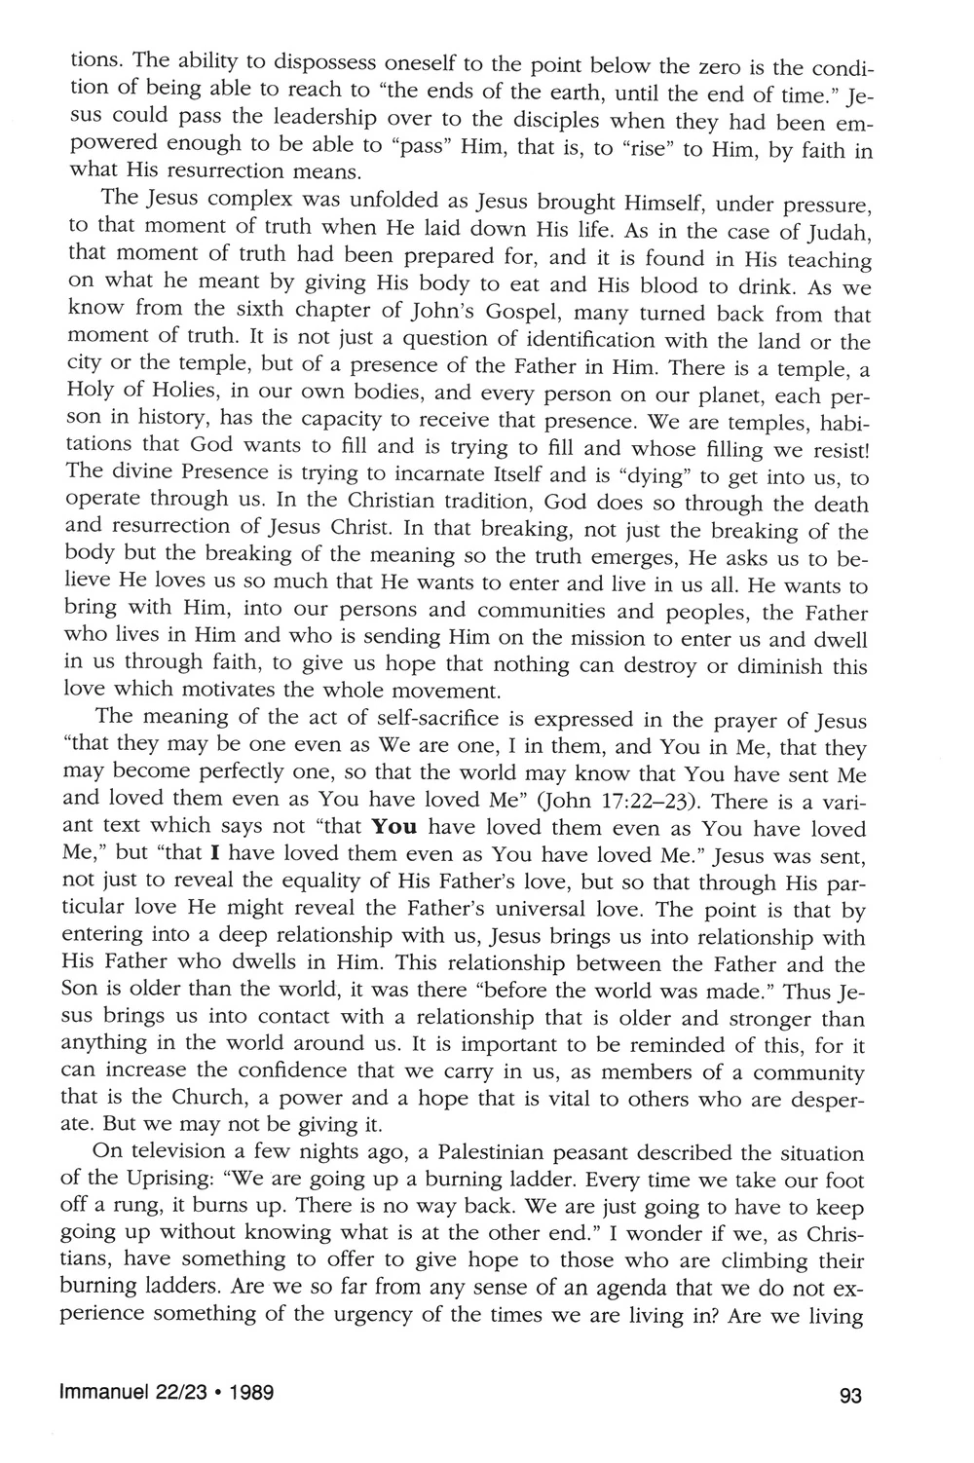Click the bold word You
[x=395, y=829]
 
